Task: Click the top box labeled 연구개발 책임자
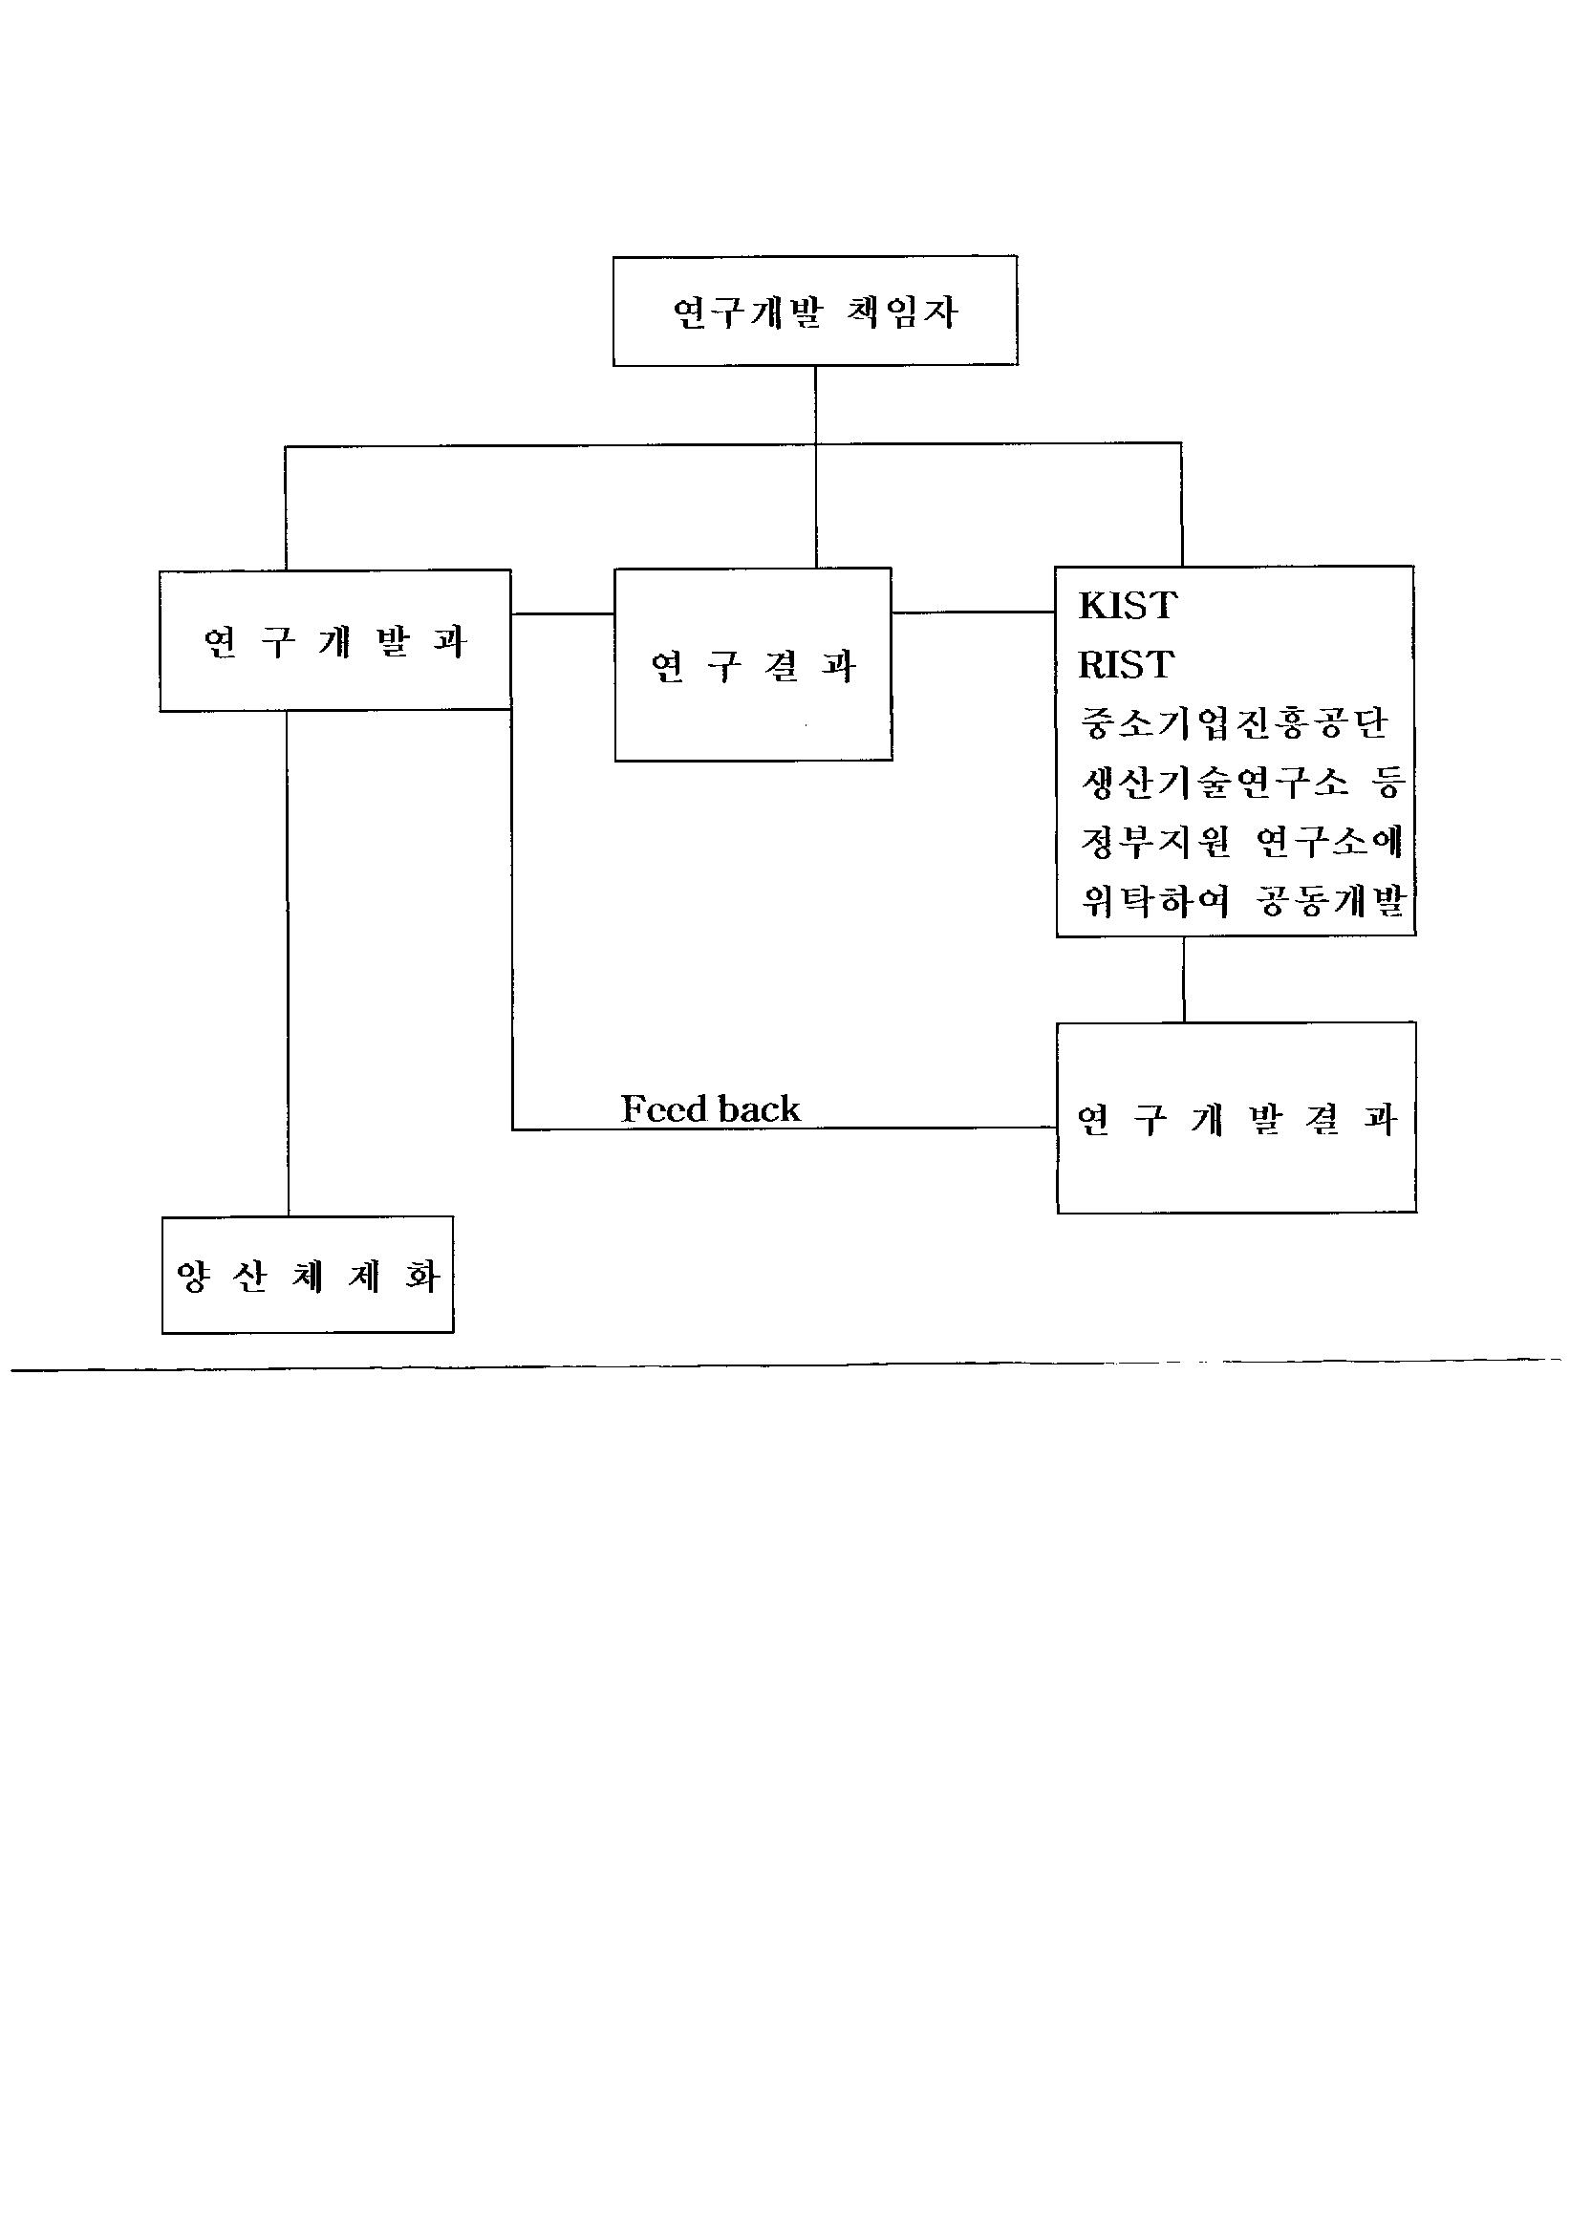point(815,312)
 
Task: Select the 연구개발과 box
point(334,640)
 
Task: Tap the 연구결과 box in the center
point(752,665)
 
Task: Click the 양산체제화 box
point(308,1275)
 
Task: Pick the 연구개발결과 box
point(1237,1119)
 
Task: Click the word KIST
point(1129,606)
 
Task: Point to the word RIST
point(1127,665)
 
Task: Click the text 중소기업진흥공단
point(1234,722)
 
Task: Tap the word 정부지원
point(1155,841)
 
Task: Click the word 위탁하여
point(1155,900)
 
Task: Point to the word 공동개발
point(1329,900)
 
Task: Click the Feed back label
point(711,1108)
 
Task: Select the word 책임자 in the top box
point(902,312)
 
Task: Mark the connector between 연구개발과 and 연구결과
point(563,613)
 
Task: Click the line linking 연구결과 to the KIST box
point(974,612)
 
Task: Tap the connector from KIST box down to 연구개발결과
point(1184,978)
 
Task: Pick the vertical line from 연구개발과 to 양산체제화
point(287,964)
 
